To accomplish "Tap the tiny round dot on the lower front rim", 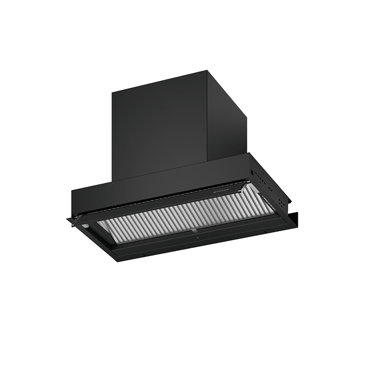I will point(196,238).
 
